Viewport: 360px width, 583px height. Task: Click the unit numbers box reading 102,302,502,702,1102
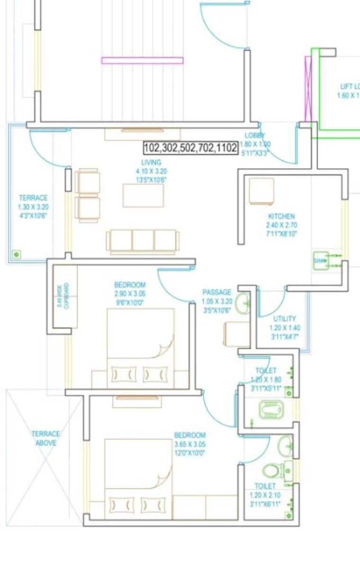[190, 148]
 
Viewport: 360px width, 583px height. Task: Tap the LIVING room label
[151, 163]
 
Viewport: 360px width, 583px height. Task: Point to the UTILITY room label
[284, 319]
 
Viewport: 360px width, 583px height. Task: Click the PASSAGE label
[217, 292]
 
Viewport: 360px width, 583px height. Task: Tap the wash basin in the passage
[243, 303]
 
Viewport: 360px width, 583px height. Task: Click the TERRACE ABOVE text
[46, 438]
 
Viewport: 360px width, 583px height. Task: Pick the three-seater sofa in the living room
[143, 240]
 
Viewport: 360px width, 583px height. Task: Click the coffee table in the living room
[143, 195]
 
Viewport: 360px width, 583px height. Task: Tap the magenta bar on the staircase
[142, 60]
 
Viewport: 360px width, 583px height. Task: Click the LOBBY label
[254, 135]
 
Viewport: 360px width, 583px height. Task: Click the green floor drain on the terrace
[16, 255]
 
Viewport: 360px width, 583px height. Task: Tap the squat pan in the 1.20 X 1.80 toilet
[271, 410]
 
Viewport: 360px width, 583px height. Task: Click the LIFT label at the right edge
[350, 86]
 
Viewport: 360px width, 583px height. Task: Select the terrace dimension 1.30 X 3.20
[33, 207]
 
